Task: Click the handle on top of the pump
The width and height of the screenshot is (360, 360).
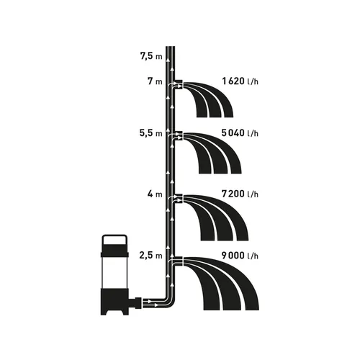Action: tap(114, 240)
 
